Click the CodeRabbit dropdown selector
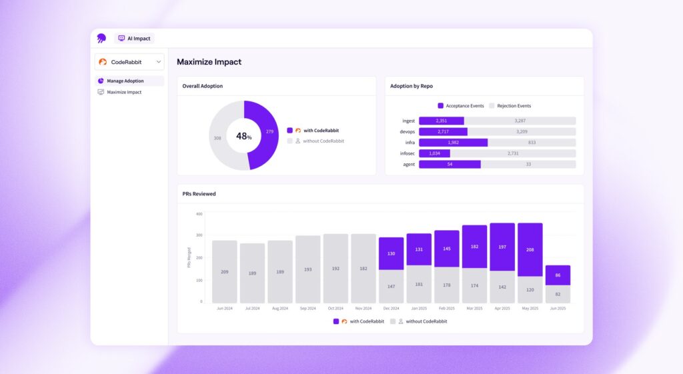coord(129,62)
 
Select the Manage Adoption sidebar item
coord(125,81)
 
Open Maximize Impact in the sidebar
coord(124,92)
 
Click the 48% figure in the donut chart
coord(243,136)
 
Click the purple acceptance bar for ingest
coord(441,121)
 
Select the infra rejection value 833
coord(531,143)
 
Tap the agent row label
coord(408,164)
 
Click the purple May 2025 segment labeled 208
coord(530,249)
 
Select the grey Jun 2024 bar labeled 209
coord(224,271)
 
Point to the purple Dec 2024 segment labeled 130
coord(391,253)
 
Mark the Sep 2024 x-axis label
coord(307,309)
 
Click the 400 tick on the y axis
coord(199,214)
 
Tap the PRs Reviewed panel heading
coord(199,194)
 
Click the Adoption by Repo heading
coord(412,86)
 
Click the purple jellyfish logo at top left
coord(101,39)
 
